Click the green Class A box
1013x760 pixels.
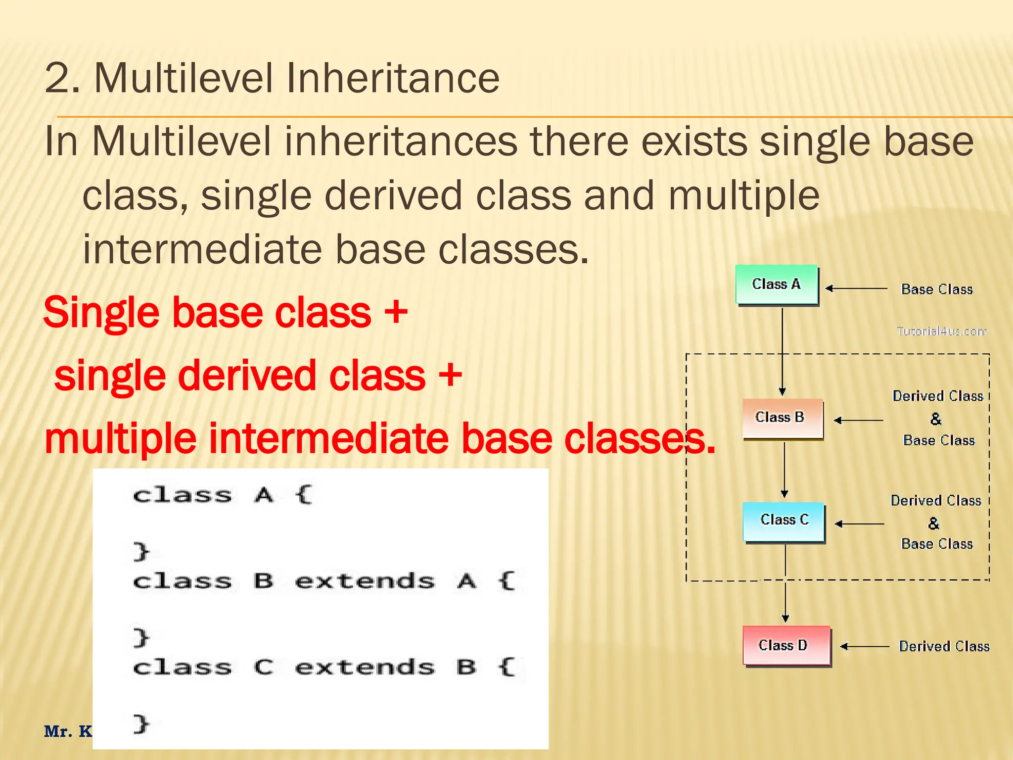tap(776, 285)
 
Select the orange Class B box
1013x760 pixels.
tap(783, 418)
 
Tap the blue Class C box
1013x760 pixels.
tap(784, 521)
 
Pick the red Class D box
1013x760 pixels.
tap(786, 645)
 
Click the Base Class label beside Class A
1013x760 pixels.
tap(936, 289)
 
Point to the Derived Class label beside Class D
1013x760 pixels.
tap(944, 646)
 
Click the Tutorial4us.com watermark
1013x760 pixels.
tap(941, 331)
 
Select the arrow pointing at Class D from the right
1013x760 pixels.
tap(864, 646)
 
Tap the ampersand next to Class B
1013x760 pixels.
tap(935, 419)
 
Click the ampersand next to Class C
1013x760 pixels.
tap(933, 523)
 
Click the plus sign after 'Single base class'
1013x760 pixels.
tap(396, 313)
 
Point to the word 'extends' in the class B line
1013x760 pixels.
tap(365, 581)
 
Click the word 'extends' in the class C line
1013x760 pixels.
tap(365, 667)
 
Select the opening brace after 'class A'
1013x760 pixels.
tap(303, 494)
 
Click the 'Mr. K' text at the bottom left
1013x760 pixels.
tap(68, 731)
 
